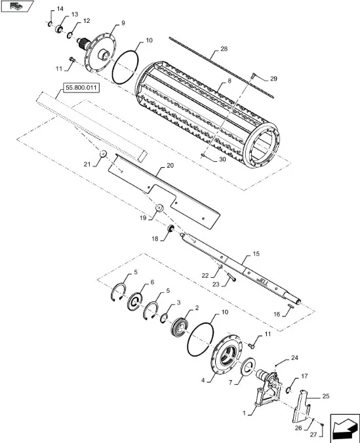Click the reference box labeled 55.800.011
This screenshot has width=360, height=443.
coord(81,88)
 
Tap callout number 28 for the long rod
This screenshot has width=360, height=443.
coord(224,49)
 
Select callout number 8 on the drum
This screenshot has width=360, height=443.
coord(229,81)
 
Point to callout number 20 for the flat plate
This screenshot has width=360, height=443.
coord(170,165)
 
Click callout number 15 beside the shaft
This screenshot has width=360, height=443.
coord(256,254)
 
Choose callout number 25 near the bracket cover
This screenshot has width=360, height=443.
coord(326,396)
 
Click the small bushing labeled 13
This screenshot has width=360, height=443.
coord(60,29)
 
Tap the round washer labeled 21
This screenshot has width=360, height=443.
coord(103,154)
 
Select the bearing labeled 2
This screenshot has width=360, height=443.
coord(179,326)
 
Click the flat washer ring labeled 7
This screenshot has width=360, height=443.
coord(249,366)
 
